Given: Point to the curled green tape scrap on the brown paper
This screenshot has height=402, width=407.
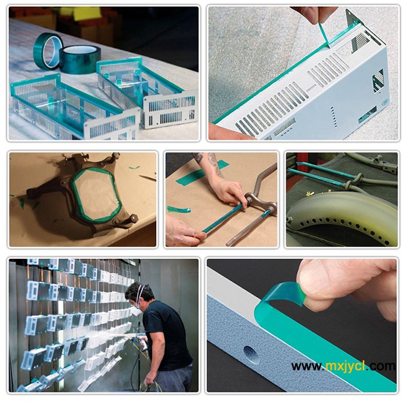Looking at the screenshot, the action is pos(178,209).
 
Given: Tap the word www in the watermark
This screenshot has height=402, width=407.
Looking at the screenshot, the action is pos(307,367).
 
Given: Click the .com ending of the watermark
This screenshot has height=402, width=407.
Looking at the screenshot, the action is pos(381,366).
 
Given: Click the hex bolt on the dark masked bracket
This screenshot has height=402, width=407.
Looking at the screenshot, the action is pos(133,218).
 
